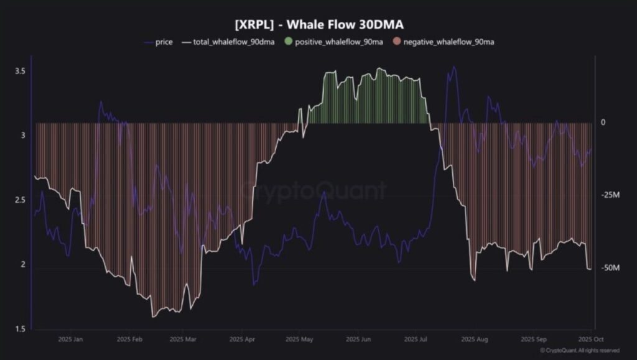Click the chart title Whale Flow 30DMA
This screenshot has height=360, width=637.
point(318,24)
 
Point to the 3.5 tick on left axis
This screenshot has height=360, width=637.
point(20,72)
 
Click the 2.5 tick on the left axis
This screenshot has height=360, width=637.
point(20,200)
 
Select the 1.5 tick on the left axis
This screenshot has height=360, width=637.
point(20,329)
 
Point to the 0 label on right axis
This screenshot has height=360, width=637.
point(603,122)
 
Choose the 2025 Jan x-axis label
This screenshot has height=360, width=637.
point(70,339)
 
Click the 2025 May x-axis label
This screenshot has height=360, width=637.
point(300,339)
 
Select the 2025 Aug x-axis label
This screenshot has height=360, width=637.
point(474,339)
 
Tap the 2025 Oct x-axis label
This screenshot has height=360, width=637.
point(589,339)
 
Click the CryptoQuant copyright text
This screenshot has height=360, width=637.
point(580,351)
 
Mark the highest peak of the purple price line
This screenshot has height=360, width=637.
point(453,67)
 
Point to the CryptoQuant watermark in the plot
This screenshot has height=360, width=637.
point(314,190)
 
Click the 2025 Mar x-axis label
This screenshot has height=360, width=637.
point(182,339)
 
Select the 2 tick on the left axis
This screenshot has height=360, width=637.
point(23,264)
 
